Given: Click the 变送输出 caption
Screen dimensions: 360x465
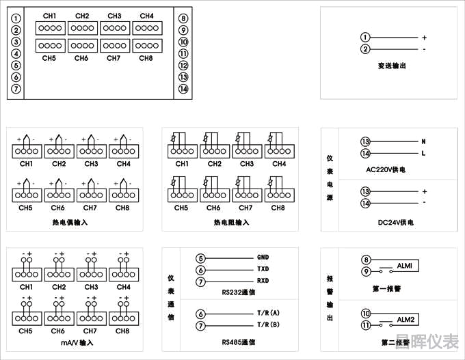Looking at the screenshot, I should [x=392, y=66].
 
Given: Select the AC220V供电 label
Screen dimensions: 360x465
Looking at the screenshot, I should [x=390, y=169].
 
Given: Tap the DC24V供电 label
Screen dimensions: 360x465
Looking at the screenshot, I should [x=390, y=222].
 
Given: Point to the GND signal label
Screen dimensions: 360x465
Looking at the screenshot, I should [x=263, y=258].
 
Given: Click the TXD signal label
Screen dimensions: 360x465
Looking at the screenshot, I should [x=263, y=270].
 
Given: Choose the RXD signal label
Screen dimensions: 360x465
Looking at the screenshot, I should [x=263, y=281].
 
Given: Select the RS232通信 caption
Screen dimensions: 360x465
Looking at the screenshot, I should [x=239, y=292].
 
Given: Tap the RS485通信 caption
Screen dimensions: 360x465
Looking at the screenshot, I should [x=239, y=341].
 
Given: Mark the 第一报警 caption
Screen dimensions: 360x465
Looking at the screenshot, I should [x=387, y=288].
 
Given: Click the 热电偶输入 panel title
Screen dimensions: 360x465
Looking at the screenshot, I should [x=70, y=223].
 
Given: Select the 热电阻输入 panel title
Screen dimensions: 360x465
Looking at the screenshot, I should [x=231, y=223].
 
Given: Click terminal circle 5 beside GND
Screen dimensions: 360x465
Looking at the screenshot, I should [x=200, y=258].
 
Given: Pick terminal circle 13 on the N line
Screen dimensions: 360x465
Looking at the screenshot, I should [x=365, y=141].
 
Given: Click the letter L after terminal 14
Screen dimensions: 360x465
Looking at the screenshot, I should [x=424, y=153].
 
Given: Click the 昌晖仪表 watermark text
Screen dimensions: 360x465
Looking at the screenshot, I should [x=429, y=341].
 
